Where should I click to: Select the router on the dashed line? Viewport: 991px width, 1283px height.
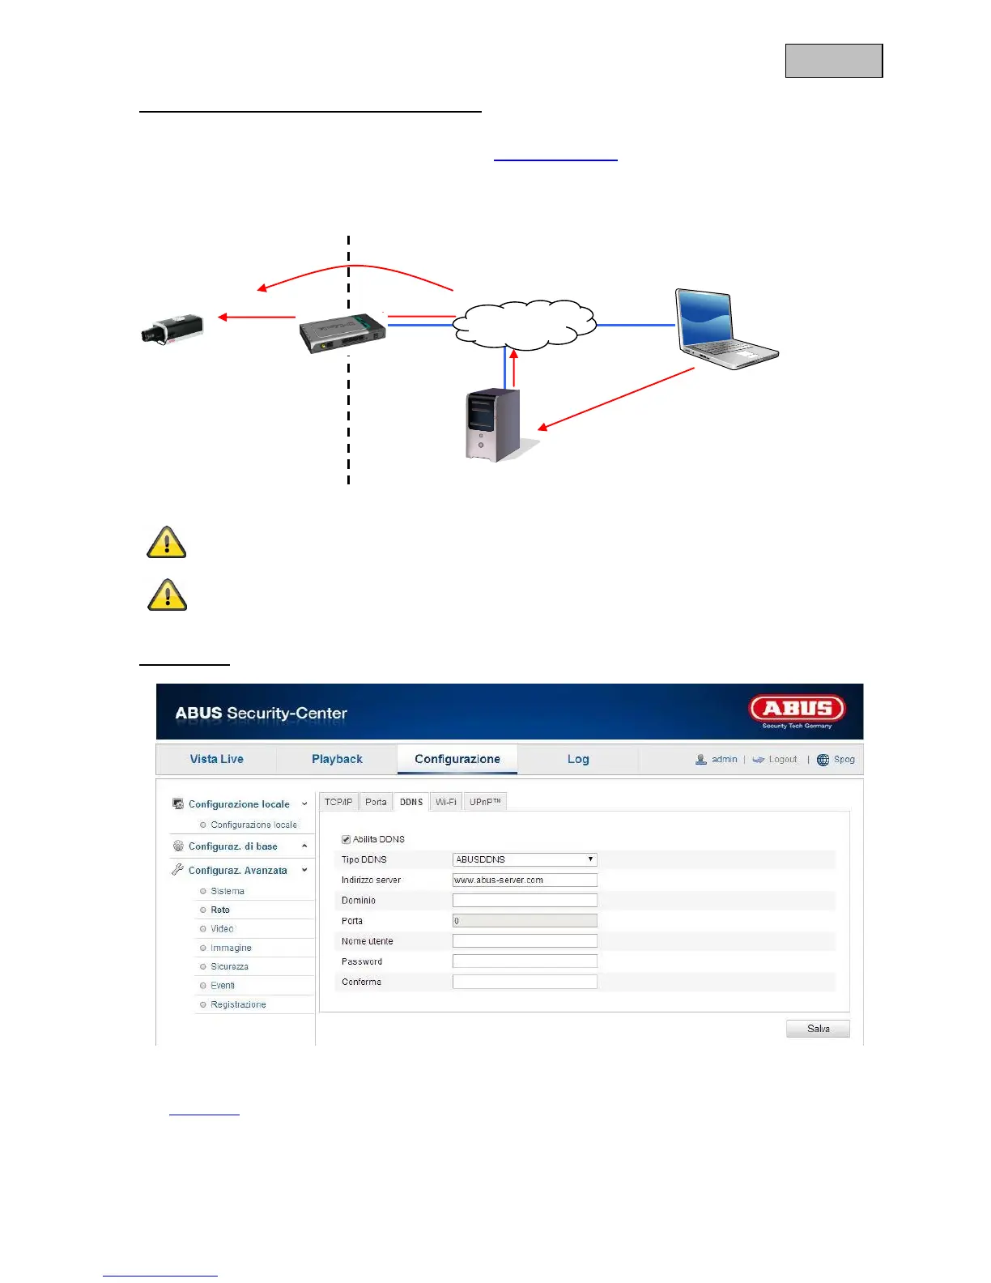(342, 333)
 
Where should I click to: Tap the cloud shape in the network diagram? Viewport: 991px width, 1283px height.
(525, 324)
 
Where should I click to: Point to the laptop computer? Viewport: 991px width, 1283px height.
(724, 329)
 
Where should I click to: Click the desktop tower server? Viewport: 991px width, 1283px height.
(493, 425)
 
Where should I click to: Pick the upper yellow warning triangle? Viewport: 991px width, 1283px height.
(167, 543)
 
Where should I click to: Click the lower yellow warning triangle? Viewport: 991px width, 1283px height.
(167, 595)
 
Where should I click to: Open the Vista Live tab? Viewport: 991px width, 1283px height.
(216, 759)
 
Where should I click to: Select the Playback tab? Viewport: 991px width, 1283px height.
(337, 759)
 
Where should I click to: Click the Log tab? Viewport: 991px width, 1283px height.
(578, 759)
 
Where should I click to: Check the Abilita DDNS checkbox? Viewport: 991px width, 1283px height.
(347, 839)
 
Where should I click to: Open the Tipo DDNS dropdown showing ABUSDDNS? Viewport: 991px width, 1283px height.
(525, 859)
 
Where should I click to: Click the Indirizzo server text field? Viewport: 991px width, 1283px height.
(525, 880)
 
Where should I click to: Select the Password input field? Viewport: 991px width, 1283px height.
(525, 961)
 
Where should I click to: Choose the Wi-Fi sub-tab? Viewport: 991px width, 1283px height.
(446, 802)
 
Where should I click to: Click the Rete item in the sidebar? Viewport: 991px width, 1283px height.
(220, 910)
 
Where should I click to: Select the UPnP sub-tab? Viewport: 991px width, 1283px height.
(485, 802)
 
